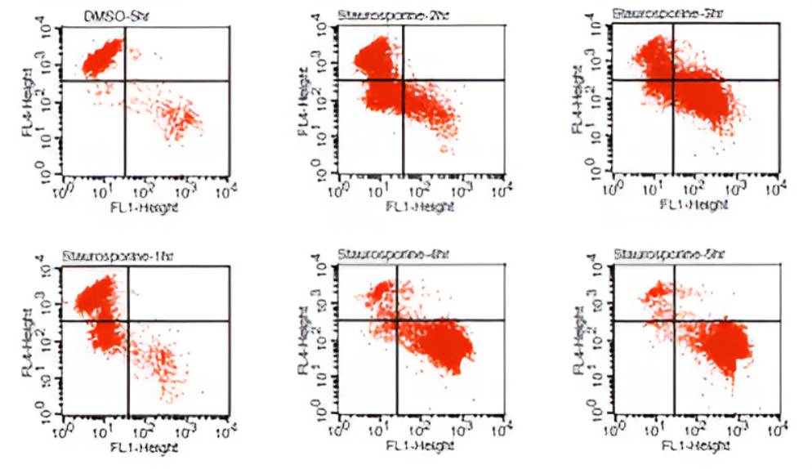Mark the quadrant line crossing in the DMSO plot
tap(124, 80)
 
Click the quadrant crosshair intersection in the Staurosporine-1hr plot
tap(128, 320)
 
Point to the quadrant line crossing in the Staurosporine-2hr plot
tap(404, 80)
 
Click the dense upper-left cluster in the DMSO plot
tap(102, 57)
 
